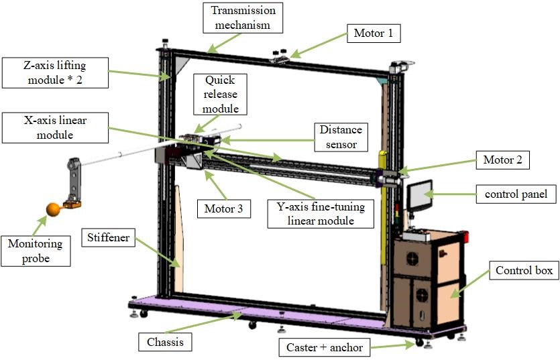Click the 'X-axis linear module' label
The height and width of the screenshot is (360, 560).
click(54, 127)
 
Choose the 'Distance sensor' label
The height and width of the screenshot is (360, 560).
click(339, 137)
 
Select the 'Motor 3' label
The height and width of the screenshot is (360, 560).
click(224, 208)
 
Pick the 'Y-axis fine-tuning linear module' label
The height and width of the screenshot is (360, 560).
click(319, 213)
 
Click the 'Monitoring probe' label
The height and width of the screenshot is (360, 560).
click(35, 250)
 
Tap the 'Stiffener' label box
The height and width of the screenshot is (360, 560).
click(107, 237)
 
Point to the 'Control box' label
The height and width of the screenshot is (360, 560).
click(524, 271)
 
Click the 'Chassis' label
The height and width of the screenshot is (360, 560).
click(165, 342)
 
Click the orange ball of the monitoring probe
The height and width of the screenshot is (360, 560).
click(52, 210)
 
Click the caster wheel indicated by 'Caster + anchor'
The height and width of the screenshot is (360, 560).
click(419, 343)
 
